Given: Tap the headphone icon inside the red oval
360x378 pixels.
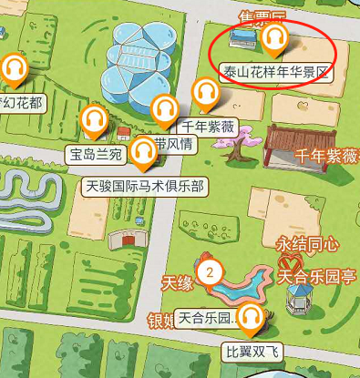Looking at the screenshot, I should click(x=274, y=38).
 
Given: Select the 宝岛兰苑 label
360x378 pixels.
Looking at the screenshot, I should click(x=96, y=154).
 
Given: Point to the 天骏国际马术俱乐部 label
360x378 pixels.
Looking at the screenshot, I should click(x=144, y=186).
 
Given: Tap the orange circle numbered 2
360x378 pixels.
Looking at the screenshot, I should click(x=211, y=271).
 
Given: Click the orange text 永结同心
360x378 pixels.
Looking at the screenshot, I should click(x=307, y=244).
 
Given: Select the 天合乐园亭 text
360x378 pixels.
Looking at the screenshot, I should click(x=315, y=274).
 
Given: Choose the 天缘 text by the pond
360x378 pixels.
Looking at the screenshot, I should click(x=178, y=283).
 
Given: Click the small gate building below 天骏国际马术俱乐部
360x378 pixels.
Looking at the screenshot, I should click(x=125, y=240).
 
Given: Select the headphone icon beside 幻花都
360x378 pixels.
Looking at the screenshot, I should click(x=14, y=68).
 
